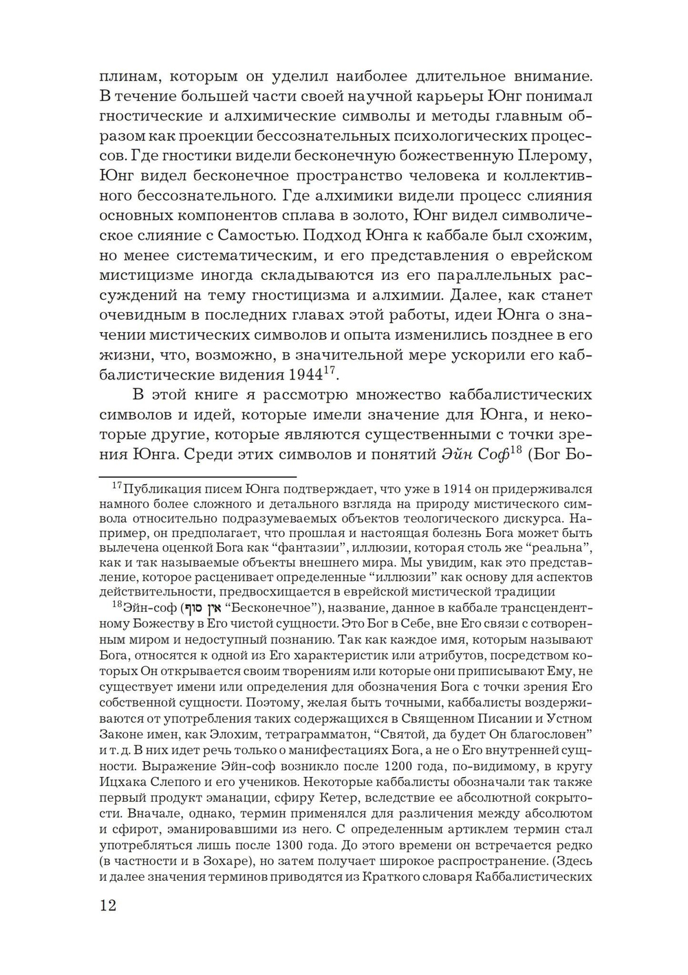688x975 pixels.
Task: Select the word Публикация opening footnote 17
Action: coord(156,489)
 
